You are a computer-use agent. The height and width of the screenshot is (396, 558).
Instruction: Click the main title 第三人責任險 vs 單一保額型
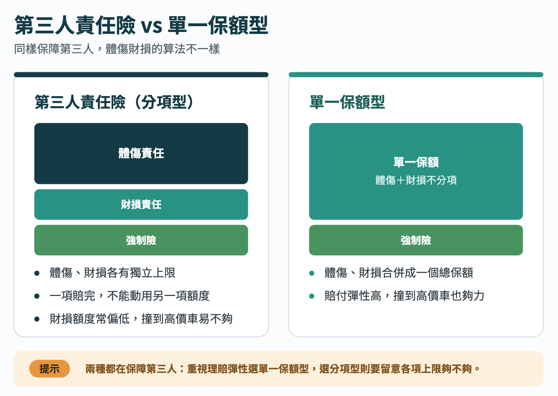point(141,25)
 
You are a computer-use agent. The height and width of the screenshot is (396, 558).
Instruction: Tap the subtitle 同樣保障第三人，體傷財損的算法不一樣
point(117,49)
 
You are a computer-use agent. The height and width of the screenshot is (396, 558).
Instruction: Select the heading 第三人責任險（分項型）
point(114,102)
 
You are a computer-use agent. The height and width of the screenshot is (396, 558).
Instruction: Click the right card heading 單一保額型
point(347,102)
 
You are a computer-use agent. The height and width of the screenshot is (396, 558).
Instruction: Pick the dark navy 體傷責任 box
point(141,153)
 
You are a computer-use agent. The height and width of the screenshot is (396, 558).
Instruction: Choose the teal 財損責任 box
point(141,205)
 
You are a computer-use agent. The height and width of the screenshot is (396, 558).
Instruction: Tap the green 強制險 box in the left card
point(141,240)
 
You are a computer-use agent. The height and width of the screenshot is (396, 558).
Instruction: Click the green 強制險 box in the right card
point(416,240)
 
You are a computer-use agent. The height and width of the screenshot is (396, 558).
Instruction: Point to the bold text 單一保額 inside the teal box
point(416,162)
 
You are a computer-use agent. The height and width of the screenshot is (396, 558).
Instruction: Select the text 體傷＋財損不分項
point(416,180)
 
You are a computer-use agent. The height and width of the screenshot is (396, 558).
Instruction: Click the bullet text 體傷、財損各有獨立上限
point(113,273)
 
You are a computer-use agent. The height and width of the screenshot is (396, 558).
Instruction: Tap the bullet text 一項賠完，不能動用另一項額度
point(130,296)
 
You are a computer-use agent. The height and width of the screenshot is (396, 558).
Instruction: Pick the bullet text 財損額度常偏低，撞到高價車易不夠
point(141,319)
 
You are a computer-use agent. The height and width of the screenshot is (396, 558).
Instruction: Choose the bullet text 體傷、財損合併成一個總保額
point(399,273)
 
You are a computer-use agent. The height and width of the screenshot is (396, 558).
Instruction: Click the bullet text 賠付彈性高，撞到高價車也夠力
point(405,296)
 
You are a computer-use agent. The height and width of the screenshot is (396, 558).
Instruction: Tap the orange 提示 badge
point(50,369)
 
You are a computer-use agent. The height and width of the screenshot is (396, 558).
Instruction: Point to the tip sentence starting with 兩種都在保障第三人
point(283,369)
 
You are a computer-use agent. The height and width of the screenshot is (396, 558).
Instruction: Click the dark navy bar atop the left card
point(141,75)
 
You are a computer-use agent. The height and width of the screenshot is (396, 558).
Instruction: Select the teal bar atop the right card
point(416,75)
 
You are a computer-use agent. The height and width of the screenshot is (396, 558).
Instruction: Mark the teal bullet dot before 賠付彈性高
point(312,296)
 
